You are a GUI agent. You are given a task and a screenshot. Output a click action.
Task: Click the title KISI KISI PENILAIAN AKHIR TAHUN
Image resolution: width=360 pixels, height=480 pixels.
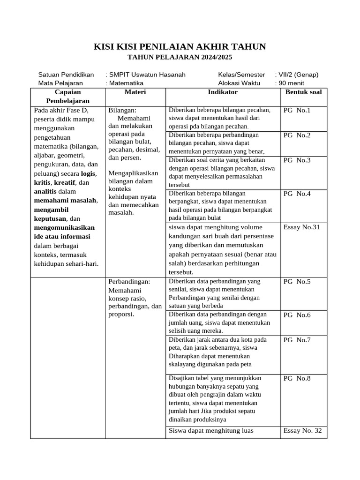180,46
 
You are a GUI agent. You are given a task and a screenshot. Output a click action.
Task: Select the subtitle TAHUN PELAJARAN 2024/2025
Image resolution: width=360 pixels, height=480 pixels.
180,57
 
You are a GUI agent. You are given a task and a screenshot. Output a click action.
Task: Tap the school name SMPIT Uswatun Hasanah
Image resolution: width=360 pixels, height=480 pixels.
147,75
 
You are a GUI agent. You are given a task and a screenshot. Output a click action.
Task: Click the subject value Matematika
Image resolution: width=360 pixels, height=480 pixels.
127,83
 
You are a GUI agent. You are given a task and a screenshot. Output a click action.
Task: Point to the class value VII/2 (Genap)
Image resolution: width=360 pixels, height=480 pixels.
298,75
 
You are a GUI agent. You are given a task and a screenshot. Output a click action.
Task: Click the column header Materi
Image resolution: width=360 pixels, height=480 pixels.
135,92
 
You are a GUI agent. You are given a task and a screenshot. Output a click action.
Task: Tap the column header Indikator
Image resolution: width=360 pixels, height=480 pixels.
223,92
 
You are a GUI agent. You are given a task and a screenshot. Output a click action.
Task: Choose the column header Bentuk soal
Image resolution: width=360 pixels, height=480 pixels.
303,92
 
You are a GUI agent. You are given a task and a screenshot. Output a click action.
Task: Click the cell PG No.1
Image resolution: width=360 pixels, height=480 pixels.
297,111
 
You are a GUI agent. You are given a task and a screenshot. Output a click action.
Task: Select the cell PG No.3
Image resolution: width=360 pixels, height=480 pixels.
297,160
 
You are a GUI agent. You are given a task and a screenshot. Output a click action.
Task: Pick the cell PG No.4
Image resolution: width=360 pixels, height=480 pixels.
297,194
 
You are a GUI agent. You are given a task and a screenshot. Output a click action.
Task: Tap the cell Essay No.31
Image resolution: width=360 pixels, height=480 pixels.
301,227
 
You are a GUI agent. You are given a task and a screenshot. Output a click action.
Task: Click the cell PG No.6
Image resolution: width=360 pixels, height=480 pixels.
297,315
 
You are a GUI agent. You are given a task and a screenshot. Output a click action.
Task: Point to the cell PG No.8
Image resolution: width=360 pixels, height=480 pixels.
297,378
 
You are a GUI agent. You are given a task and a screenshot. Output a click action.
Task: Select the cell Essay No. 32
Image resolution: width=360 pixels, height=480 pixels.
302,431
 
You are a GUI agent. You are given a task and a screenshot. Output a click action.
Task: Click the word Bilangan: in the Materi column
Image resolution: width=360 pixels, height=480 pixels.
122,111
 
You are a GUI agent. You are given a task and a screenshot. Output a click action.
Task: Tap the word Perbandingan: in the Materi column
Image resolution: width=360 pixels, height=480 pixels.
129,282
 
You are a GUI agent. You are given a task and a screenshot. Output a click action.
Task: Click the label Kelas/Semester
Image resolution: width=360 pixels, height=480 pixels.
241,75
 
